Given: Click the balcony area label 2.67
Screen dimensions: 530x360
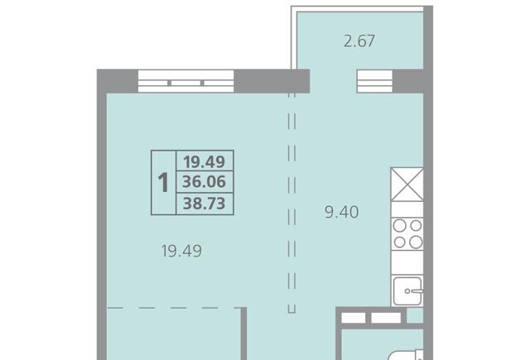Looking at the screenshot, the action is [x=359, y=41].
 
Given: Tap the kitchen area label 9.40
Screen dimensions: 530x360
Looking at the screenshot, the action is [x=342, y=213].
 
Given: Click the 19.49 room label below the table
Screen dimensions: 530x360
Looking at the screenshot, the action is [x=181, y=251].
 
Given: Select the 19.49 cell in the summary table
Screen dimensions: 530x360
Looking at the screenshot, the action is [x=205, y=161].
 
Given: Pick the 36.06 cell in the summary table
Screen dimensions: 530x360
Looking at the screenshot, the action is [x=205, y=182].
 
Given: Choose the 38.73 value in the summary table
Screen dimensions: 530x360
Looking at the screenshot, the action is [x=205, y=204].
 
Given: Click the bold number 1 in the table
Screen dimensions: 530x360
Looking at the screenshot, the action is [x=163, y=183].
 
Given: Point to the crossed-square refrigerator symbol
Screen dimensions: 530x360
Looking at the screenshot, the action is [x=407, y=185].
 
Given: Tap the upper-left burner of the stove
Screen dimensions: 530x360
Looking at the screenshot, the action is [x=399, y=226].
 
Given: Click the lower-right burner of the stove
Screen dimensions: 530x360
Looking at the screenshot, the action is [x=416, y=242].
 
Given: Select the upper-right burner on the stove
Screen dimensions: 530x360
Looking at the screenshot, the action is [x=416, y=226].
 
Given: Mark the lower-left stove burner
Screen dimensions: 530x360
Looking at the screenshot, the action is [x=399, y=242].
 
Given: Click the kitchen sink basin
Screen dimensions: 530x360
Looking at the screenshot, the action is [x=407, y=291].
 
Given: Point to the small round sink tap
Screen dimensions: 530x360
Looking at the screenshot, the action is [x=407, y=291].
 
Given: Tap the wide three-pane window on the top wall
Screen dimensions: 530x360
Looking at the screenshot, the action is [x=185, y=81].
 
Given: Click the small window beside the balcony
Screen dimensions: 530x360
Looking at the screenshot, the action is [x=375, y=81].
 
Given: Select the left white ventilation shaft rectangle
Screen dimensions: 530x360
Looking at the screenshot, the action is [x=354, y=318].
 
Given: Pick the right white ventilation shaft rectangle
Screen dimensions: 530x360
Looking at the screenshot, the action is [x=386, y=318].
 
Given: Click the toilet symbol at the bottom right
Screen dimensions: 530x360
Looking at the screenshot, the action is [x=406, y=355].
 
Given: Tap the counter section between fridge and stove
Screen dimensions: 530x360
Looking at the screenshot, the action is [x=407, y=209].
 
